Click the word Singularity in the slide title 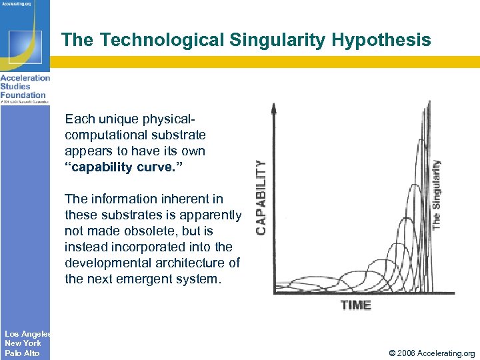click(275, 40)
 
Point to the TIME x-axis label click(356, 305)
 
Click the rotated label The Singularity click(437, 194)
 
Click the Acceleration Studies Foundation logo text click(24, 86)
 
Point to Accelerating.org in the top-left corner click(20, 3)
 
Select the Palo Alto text click(22, 353)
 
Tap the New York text click(23, 343)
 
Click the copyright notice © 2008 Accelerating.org click(427, 353)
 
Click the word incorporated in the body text click(145, 247)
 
